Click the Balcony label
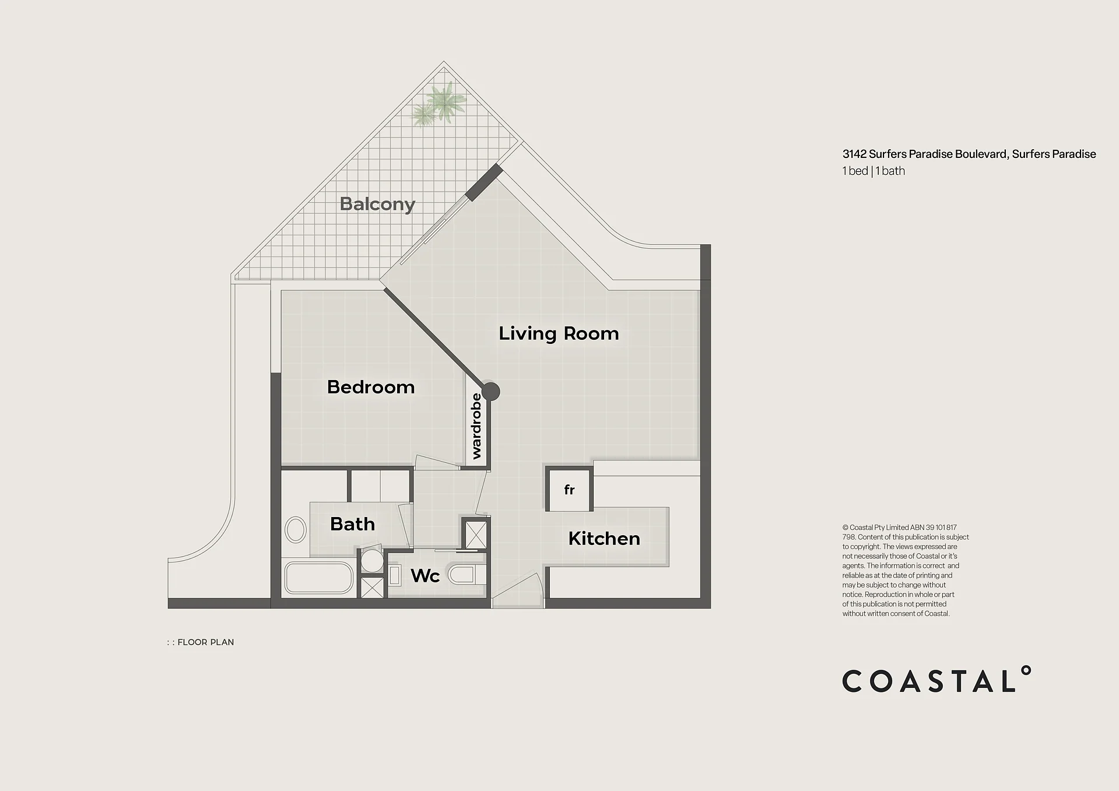pos(377,204)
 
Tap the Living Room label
pos(559,333)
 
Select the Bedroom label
pos(371,387)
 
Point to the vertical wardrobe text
pos(476,426)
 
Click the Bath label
pos(352,524)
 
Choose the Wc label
pos(425,576)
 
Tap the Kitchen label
pos(604,539)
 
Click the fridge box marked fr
pos(569,489)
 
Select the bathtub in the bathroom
pos(318,578)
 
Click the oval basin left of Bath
pos(296,530)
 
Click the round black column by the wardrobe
pos(490,391)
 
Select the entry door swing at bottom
pos(518,589)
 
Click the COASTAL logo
pos(936,679)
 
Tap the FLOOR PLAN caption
pos(200,642)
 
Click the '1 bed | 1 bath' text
pos(874,171)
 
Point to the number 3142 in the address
pos(854,154)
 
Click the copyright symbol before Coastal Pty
pos(845,528)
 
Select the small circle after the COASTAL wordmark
pos(1026,670)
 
